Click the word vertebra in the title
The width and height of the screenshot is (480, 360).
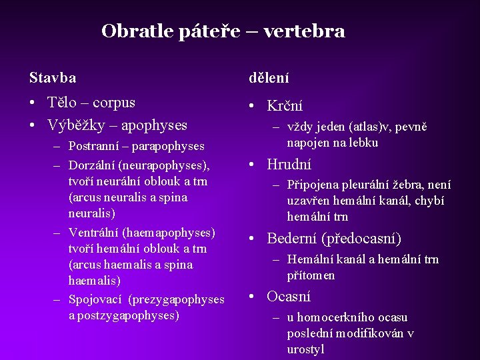click(x=304, y=31)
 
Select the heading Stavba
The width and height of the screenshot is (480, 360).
click(x=53, y=78)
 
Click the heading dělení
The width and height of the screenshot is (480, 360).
click(x=269, y=78)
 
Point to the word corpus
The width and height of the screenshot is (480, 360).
click(x=114, y=103)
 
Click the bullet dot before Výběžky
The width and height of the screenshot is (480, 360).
click(x=33, y=125)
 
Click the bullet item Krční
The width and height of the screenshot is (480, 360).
click(x=285, y=106)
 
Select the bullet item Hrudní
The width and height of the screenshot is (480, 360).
click(x=289, y=165)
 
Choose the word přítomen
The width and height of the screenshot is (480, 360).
click(x=311, y=275)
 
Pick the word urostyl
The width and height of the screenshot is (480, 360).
click(x=305, y=349)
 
